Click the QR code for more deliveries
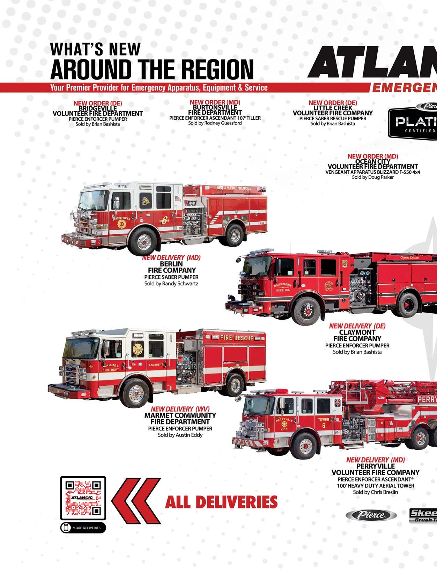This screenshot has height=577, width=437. pyautogui.click(x=83, y=498)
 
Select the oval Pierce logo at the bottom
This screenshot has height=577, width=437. pyautogui.click(x=371, y=515)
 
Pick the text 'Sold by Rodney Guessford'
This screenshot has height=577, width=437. pyautogui.click(x=215, y=123)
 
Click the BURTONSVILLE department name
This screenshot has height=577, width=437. pyautogui.click(x=215, y=107)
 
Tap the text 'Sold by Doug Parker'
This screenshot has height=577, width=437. pyautogui.click(x=373, y=177)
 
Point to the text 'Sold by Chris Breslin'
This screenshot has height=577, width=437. pyautogui.click(x=375, y=492)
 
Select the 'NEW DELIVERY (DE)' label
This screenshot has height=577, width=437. pyautogui.click(x=357, y=326)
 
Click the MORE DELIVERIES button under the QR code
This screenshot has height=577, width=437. pyautogui.click(x=83, y=528)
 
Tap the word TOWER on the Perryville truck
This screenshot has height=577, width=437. pyautogui.click(x=323, y=419)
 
